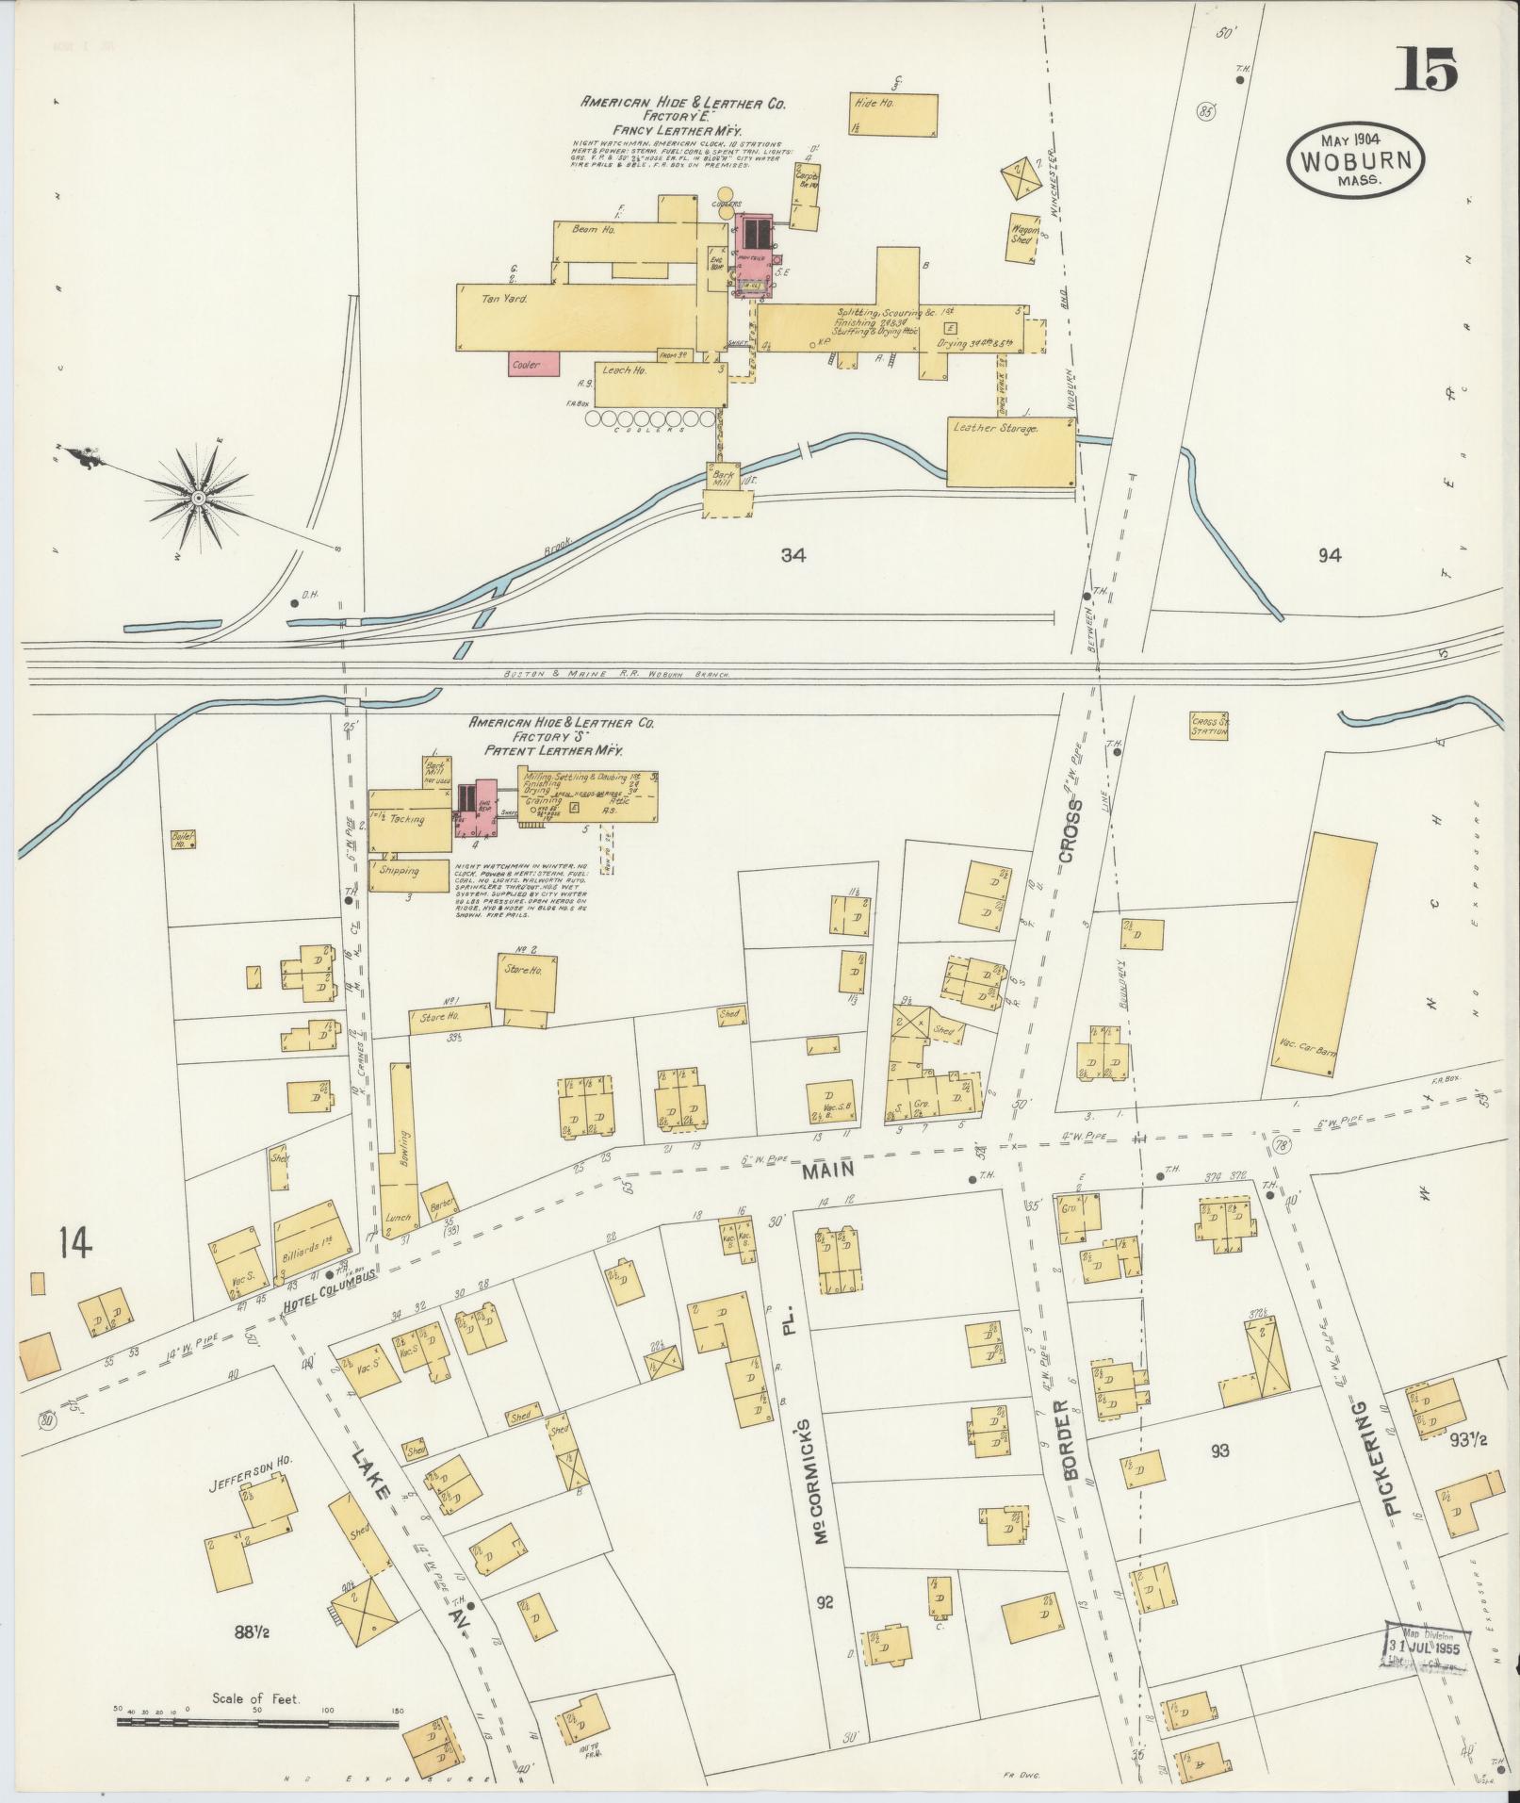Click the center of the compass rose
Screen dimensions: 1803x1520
pyautogui.click(x=199, y=496)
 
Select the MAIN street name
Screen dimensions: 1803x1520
pyautogui.click(x=828, y=1169)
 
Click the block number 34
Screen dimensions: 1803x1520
pyautogui.click(x=793, y=555)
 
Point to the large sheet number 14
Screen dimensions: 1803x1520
pyautogui.click(x=74, y=1243)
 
